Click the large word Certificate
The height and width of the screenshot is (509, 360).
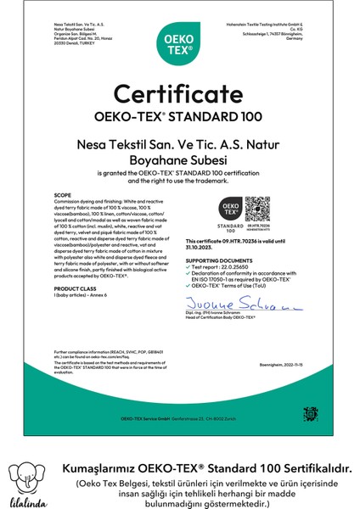[x=179, y=92]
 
